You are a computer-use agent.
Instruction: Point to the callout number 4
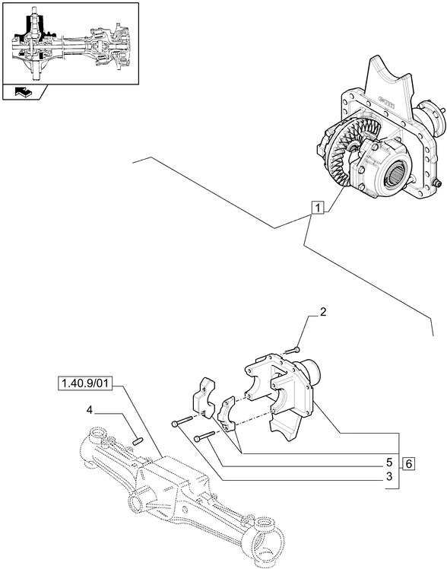90,410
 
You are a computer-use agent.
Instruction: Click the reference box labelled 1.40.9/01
84,383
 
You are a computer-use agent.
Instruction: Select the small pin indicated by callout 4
138,437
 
